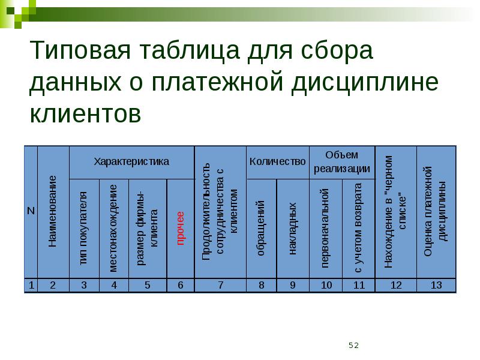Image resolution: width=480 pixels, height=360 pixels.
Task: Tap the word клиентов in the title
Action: coord(85,112)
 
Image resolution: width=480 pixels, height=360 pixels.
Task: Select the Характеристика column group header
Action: coord(131,161)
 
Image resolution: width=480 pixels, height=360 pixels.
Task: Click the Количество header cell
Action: coord(277,161)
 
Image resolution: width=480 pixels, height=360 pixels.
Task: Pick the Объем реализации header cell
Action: coord(342,161)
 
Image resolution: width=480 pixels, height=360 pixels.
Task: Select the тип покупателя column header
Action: coord(83,228)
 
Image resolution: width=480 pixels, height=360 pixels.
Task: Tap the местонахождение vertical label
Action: coord(114,228)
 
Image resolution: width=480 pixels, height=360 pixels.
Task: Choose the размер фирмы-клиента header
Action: coord(147,228)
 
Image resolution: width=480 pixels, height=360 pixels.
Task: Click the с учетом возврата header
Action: coord(358,228)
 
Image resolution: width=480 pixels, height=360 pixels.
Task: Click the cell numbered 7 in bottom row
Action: coord(220,285)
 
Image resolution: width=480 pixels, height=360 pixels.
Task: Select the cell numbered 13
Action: coord(436,285)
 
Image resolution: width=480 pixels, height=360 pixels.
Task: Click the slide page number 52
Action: coord(353,345)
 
